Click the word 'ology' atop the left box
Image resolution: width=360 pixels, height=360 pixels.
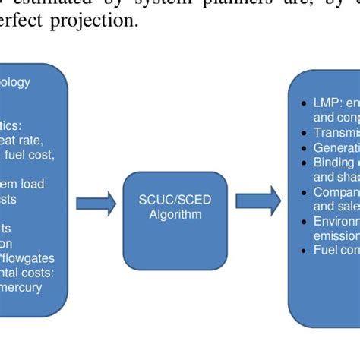pos(15,83)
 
